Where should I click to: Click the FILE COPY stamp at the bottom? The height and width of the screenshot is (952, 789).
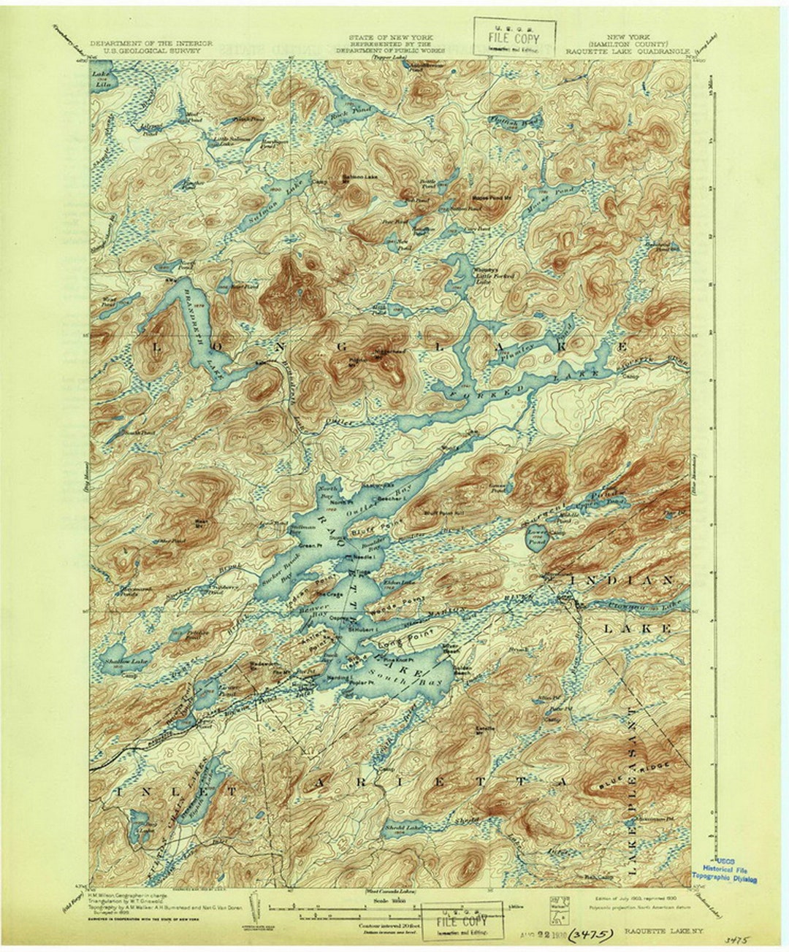462,921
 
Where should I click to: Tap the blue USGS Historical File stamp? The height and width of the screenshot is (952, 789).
725,870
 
